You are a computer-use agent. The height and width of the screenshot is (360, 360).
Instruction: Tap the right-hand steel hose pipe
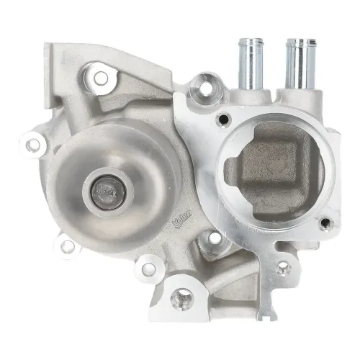(297, 63)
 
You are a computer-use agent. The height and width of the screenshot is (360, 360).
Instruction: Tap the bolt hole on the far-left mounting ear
(32, 145)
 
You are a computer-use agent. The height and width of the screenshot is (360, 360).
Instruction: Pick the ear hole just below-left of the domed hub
(67, 246)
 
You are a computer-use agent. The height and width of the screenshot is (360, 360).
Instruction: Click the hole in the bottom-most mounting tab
(182, 295)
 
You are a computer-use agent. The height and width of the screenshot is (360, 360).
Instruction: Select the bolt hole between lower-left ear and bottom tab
(148, 269)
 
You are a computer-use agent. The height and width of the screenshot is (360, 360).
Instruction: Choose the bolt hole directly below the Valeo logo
(214, 238)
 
